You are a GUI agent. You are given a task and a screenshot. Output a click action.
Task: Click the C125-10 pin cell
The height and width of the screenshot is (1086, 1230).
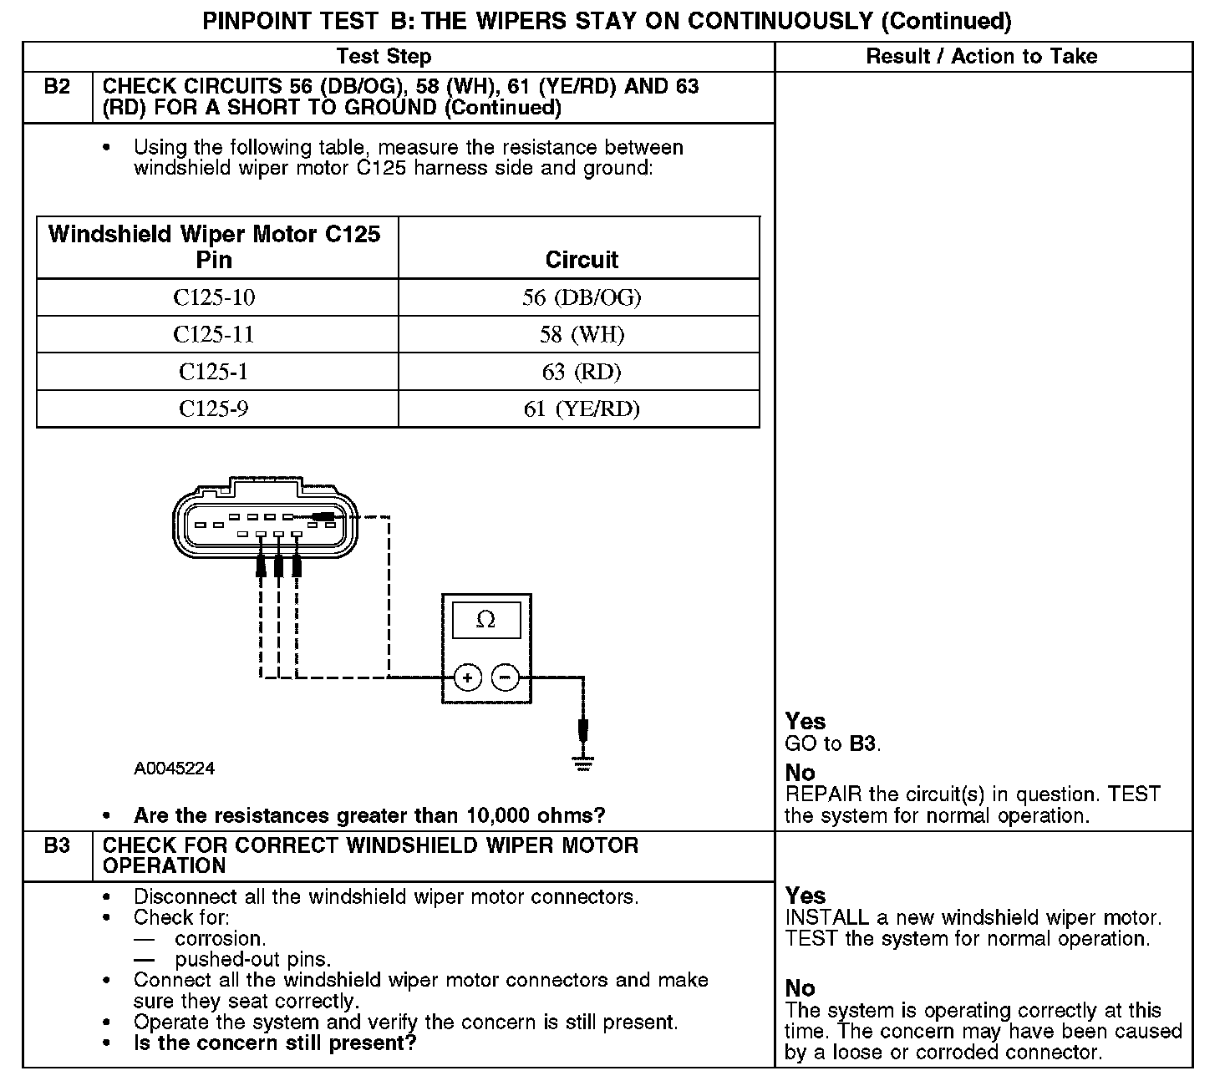[214, 297]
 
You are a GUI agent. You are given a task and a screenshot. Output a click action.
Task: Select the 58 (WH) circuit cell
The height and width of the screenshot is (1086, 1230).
[582, 335]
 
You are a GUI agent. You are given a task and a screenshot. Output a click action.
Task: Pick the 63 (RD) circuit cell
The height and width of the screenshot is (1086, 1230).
[582, 372]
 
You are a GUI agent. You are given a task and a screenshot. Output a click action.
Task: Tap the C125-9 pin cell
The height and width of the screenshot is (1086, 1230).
[214, 409]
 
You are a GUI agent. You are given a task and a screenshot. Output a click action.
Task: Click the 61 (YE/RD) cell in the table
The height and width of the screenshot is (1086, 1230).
[582, 409]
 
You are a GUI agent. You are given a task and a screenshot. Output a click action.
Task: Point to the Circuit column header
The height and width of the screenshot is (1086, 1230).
[582, 260]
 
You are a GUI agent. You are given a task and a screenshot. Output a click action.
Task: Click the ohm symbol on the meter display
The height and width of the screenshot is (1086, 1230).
[485, 620]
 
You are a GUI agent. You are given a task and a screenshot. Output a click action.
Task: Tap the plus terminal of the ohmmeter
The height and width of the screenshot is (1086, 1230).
[467, 677]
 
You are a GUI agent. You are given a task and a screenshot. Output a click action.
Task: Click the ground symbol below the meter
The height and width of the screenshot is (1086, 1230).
[583, 762]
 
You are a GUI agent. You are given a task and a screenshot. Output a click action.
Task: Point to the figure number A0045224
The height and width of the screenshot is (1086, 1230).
[174, 769]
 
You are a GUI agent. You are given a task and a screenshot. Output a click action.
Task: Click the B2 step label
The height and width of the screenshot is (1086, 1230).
[57, 87]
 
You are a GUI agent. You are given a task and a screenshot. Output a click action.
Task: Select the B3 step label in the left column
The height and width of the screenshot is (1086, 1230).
[57, 846]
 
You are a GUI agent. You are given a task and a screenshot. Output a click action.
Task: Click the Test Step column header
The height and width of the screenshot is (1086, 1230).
[384, 57]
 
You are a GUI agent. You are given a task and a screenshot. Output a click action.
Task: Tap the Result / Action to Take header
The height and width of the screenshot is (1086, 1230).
[982, 57]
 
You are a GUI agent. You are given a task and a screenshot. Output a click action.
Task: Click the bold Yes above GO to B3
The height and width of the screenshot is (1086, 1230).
[806, 722]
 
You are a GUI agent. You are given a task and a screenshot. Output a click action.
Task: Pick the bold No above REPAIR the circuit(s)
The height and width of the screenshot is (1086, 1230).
[800, 773]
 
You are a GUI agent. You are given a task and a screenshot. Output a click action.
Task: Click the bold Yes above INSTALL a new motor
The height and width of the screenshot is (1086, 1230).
[806, 896]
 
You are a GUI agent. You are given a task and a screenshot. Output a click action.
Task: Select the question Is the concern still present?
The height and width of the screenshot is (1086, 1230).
[275, 1043]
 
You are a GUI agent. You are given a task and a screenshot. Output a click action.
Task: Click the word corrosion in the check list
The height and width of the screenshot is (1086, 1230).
[221, 938]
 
